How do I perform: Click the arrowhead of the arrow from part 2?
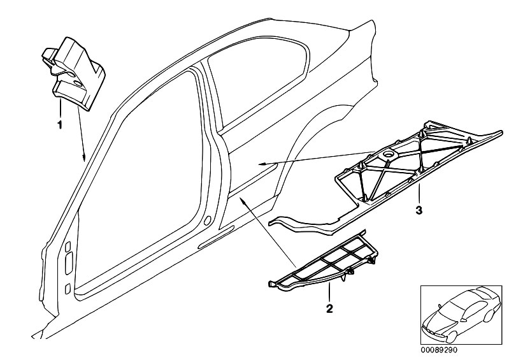pyautogui.click(x=241, y=199)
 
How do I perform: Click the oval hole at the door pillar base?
pyautogui.click(x=208, y=220)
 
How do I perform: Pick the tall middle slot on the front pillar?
pyautogui.click(x=69, y=263)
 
